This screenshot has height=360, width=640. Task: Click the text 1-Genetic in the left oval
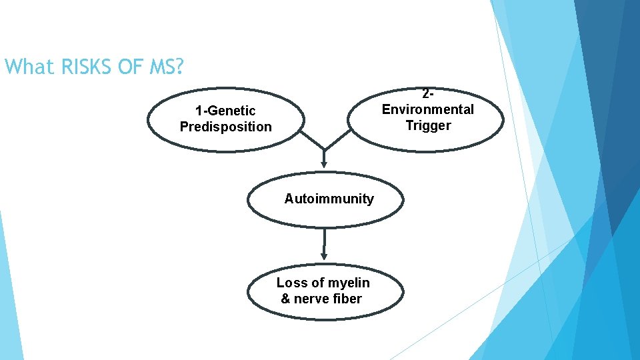(x=225, y=111)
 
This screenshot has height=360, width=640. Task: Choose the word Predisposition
(x=225, y=127)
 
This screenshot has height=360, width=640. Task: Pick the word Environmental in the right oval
(x=427, y=109)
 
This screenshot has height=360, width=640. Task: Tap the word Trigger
(x=427, y=125)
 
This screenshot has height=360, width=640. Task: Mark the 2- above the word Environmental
(x=427, y=94)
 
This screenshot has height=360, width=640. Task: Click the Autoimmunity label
(x=329, y=199)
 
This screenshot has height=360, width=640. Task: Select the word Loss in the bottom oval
(x=291, y=283)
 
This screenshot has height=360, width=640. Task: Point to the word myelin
(x=346, y=283)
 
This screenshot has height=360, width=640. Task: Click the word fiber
(x=345, y=299)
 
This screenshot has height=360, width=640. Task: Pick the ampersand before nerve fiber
(x=285, y=299)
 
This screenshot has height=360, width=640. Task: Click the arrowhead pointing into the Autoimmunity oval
(x=324, y=162)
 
